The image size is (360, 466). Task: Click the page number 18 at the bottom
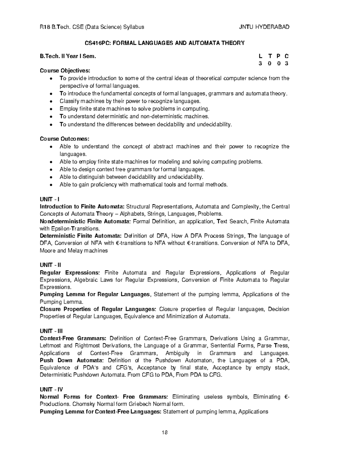coord(164,432)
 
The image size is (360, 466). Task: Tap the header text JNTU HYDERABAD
coord(264,27)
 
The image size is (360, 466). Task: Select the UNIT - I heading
coord(49,199)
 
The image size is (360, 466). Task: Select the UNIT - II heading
coord(50,265)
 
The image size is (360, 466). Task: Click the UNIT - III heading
coord(51,331)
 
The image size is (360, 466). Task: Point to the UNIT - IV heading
coord(51,389)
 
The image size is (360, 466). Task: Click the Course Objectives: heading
coord(65,71)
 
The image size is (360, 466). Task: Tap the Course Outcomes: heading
coord(64,139)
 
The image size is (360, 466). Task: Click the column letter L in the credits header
coord(260,56)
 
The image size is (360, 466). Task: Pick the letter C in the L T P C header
coord(287,56)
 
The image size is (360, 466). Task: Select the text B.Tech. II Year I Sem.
coord(68,56)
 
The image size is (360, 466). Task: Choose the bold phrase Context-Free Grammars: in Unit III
coord(73,338)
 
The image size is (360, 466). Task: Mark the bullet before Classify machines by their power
coord(52,101)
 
